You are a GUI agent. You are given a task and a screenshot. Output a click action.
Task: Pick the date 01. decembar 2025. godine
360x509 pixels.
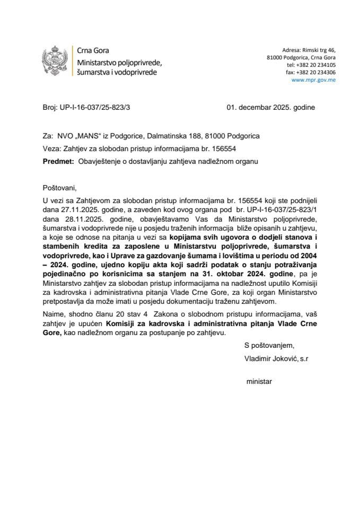click(x=270, y=107)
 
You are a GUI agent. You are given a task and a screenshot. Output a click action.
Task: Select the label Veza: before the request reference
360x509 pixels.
click(x=52, y=148)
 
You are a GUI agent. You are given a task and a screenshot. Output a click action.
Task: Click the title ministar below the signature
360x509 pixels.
click(x=260, y=381)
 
